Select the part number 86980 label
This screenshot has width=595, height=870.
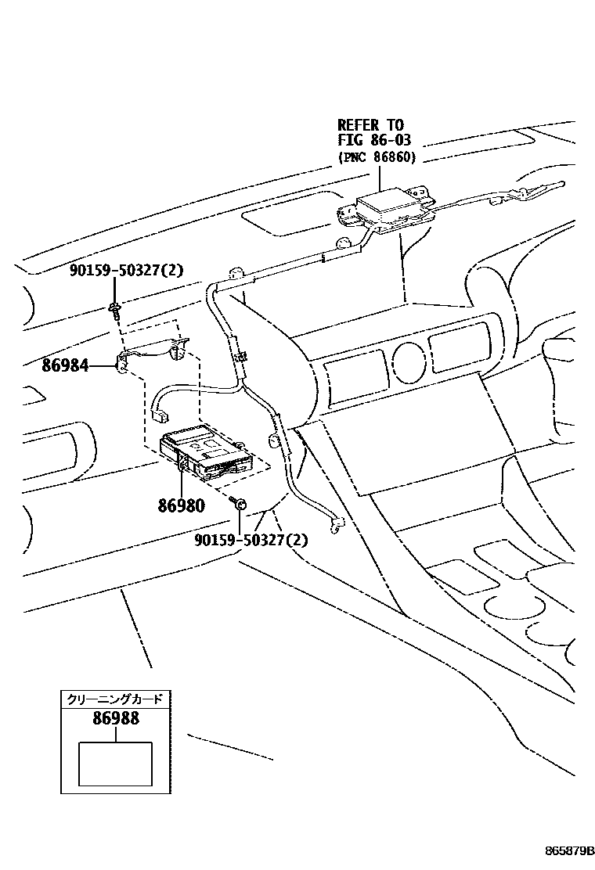pyautogui.click(x=181, y=505)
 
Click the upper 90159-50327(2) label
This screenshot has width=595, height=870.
pyautogui.click(x=126, y=271)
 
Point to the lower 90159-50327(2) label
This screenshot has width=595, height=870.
pyautogui.click(x=252, y=539)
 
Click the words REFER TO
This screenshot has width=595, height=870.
pyautogui.click(x=370, y=125)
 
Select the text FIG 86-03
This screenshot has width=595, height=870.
pyautogui.click(x=374, y=141)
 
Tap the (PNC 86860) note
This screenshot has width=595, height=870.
pyautogui.click(x=377, y=157)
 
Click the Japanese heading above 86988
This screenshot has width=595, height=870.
pyautogui.click(x=116, y=698)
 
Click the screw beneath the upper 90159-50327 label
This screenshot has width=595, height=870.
pyautogui.click(x=115, y=310)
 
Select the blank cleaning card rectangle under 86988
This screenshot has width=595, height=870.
pyautogui.click(x=115, y=763)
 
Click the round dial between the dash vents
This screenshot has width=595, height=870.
pyautogui.click(x=407, y=359)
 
